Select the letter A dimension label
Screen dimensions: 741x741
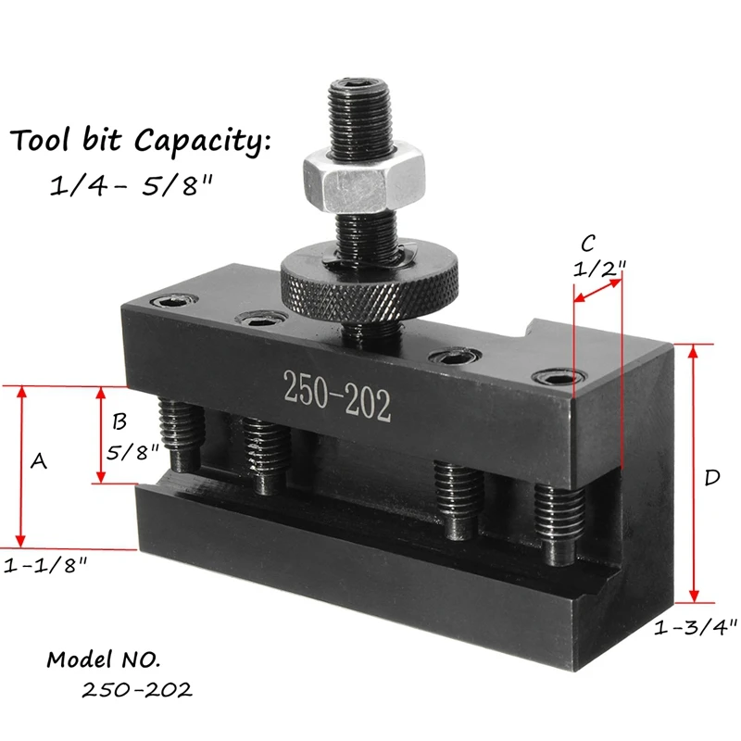tap(39, 460)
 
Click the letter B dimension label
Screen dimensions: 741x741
tap(119, 422)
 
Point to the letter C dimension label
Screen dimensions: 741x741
tap(587, 244)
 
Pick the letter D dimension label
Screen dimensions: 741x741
tap(711, 478)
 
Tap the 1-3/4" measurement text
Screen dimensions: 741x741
tap(695, 627)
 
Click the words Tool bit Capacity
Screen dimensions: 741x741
tap(140, 143)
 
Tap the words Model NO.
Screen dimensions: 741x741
tap(103, 660)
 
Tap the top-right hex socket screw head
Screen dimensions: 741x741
tap(558, 379)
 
